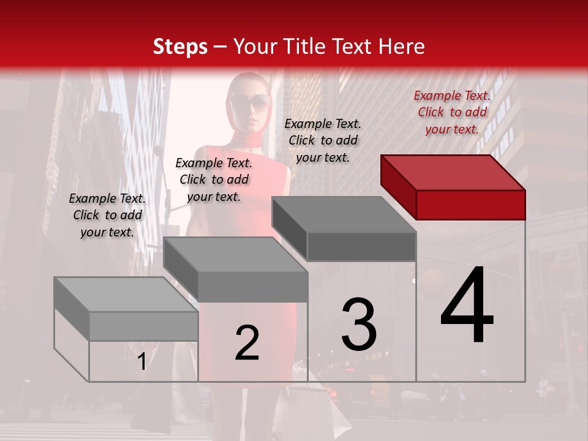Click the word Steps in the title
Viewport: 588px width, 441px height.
pos(180,47)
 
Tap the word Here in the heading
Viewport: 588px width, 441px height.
pos(401,47)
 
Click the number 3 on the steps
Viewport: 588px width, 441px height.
pos(359,325)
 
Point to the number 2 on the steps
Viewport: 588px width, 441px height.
pos(247,343)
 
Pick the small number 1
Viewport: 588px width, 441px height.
pos(141,361)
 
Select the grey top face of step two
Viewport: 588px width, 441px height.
pos(236,255)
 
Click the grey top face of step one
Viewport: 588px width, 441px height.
pos(126,295)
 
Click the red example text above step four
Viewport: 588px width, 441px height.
pos(452,112)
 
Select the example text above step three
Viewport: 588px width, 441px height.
pos(323,140)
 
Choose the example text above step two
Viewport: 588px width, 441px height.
pos(214,179)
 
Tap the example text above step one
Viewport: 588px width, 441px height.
pos(107,215)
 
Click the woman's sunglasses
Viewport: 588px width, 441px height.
pos(249,101)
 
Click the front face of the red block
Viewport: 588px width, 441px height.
pos(470,205)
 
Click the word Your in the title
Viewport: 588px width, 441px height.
pos(257,47)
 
